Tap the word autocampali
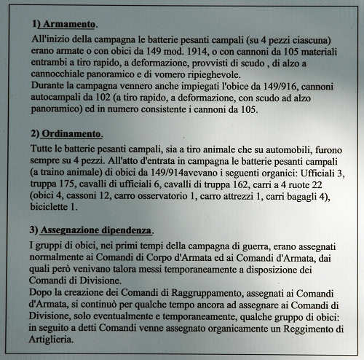tap(65, 98)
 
